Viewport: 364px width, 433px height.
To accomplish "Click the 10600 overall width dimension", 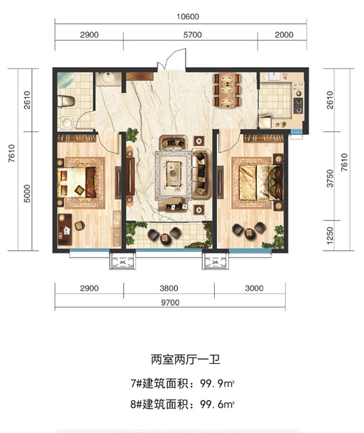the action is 188,17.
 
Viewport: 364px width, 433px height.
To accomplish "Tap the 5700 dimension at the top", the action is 192,35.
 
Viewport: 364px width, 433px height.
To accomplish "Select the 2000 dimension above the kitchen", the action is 284,35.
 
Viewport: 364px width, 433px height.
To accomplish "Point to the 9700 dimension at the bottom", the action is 170,302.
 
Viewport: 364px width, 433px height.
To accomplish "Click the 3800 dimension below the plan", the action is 169,288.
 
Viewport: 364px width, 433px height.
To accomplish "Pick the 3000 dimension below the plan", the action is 254,288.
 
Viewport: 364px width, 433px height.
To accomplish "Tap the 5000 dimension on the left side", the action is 27,193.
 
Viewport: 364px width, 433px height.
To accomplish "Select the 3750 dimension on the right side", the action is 330,178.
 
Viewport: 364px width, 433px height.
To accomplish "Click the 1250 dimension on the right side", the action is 330,235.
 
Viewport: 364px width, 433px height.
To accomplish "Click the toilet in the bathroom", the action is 66,101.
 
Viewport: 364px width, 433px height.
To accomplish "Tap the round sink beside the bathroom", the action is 108,78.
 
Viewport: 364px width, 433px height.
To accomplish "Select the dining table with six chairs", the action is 227,90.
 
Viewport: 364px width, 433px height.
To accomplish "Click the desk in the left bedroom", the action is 65,229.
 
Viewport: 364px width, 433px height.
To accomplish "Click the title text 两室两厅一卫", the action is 185,360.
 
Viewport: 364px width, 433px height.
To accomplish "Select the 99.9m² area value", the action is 217,383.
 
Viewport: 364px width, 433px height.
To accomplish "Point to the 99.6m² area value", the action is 217,404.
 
